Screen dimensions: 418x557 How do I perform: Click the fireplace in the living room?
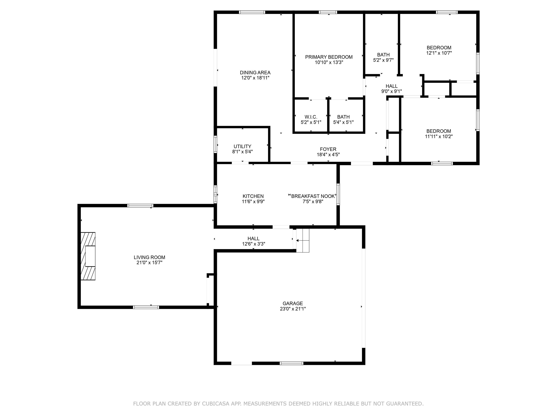pos(88,256)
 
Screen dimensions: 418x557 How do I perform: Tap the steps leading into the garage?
pos(303,240)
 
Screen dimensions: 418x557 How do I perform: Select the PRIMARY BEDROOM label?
pos(329,57)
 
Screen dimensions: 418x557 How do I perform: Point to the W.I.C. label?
pos(311,117)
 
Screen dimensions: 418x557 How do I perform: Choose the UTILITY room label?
pos(242,146)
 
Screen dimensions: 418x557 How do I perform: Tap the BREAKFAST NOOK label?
pos(313,196)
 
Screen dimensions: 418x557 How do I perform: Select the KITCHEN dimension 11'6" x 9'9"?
pos(253,202)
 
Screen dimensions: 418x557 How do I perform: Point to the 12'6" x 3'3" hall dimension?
pos(253,244)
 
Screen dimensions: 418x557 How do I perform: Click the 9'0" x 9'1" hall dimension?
pos(391,91)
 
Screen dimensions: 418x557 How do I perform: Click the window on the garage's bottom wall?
pos(291,363)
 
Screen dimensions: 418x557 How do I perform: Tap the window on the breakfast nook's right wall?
pos(338,194)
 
